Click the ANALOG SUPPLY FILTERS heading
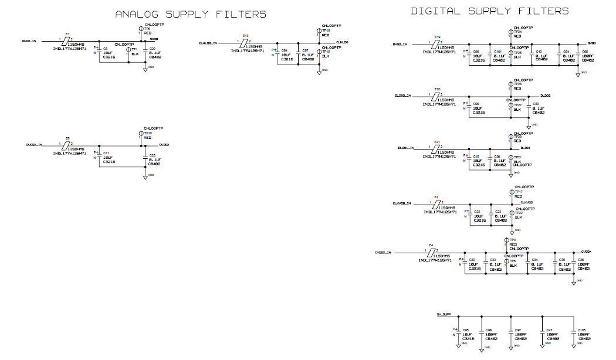tap(190, 14)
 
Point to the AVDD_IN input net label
tap(29, 42)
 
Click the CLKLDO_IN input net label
tap(208, 43)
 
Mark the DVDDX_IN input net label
tap(34, 145)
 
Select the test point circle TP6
tap(141, 29)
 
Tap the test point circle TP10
tap(141, 134)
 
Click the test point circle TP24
tap(510, 32)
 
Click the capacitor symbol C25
tap(145, 159)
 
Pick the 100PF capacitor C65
tap(578, 56)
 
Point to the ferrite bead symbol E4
tap(432, 252)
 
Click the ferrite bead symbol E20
tap(436, 96)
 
